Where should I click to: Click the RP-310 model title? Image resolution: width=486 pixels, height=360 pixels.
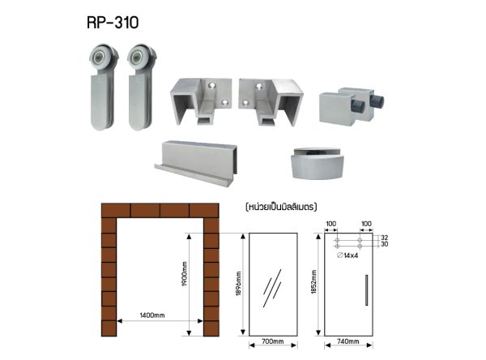point(113,23)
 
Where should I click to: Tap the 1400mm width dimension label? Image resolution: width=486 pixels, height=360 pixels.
point(152,315)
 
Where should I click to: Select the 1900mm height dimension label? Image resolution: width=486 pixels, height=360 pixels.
point(184,273)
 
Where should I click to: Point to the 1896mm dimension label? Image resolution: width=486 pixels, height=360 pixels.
point(238,283)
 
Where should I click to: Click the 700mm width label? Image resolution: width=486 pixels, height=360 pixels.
point(273,341)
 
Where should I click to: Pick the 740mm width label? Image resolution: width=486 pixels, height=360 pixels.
point(348,341)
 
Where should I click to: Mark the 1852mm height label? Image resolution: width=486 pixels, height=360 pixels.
point(313,282)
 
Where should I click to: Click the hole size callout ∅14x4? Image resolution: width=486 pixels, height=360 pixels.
point(347,255)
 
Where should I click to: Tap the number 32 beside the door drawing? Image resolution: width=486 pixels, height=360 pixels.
point(384,238)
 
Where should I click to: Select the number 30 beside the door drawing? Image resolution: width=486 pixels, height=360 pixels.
point(384,244)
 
